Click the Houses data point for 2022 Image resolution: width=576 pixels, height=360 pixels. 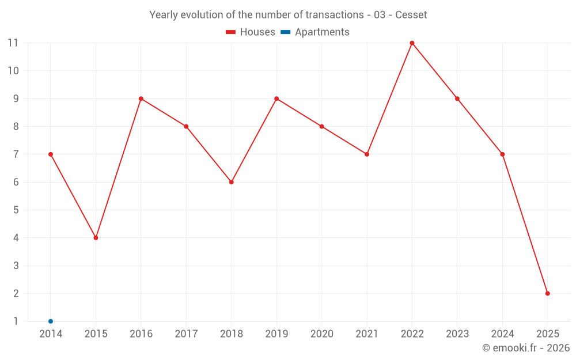pyautogui.click(x=412, y=43)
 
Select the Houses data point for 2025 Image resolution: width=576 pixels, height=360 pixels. pyautogui.click(x=548, y=293)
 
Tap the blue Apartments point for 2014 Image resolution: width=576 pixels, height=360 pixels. pyautogui.click(x=51, y=321)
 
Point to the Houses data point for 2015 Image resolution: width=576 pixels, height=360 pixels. pyautogui.click(x=96, y=237)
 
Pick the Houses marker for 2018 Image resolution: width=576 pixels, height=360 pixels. pyautogui.click(x=232, y=182)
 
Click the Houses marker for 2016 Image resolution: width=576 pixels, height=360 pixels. pyautogui.click(x=141, y=98)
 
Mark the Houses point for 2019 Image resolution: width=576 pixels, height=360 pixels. pyautogui.click(x=276, y=98)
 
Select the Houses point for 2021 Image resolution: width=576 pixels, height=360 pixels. pyautogui.click(x=367, y=154)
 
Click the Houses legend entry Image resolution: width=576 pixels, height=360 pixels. pyautogui.click(x=251, y=32)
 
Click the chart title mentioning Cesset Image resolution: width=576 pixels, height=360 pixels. pyautogui.click(x=288, y=15)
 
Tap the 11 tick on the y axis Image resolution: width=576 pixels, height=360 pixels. pyautogui.click(x=13, y=43)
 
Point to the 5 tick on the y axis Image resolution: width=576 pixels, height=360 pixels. pyautogui.click(x=16, y=210)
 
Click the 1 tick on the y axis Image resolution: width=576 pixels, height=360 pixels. pyautogui.click(x=16, y=321)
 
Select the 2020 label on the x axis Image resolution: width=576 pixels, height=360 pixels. pyautogui.click(x=321, y=334)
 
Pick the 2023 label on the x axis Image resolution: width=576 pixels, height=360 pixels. pyautogui.click(x=457, y=334)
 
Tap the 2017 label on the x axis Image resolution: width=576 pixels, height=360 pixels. pyautogui.click(x=186, y=334)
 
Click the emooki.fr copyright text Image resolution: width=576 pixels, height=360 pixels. pyautogui.click(x=526, y=348)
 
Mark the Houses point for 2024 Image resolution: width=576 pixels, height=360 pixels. pyautogui.click(x=502, y=154)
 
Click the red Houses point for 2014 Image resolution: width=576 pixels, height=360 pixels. pyautogui.click(x=51, y=154)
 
